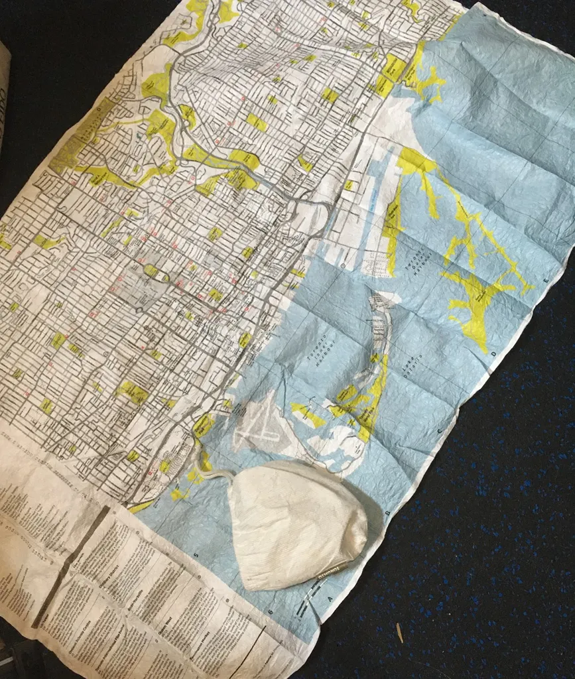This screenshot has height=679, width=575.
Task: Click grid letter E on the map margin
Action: (x=546, y=282)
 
